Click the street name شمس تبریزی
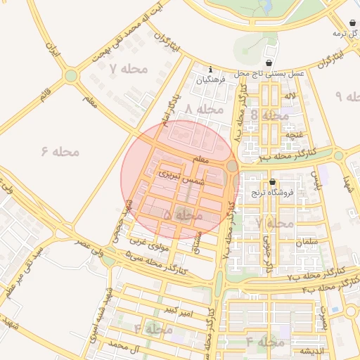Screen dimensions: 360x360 179,176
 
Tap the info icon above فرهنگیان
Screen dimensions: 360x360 211,69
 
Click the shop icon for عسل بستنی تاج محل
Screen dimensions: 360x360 269,63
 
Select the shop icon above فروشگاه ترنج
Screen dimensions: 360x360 272,182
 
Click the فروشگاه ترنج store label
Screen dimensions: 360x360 272,192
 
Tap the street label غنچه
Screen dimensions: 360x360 293,134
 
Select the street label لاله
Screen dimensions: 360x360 290,94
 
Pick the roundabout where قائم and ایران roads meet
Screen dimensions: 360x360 71,75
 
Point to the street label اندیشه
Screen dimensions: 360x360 311,351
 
